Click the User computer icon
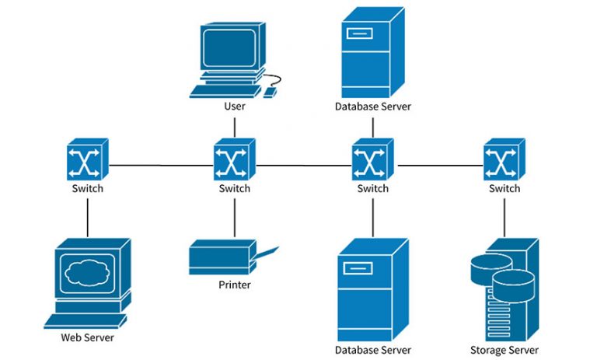click(x=229, y=54)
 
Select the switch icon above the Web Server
click(x=86, y=160)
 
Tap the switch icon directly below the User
click(x=234, y=160)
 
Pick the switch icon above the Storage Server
click(x=504, y=160)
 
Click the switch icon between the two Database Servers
click(x=372, y=160)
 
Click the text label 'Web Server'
click(x=87, y=338)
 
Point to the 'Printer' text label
click(x=234, y=285)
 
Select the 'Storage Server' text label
click(x=504, y=350)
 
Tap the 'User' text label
click(x=234, y=106)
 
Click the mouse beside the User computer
click(x=270, y=92)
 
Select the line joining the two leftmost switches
click(x=160, y=165)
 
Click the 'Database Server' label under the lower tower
click(x=372, y=350)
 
